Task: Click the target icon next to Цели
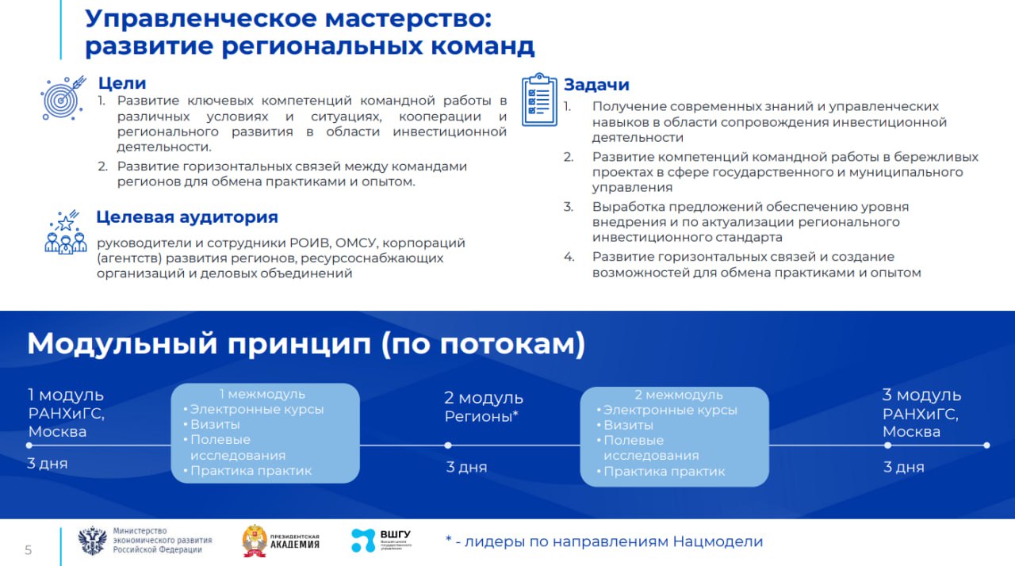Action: (x=62, y=97)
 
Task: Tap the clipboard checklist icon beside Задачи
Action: (x=539, y=100)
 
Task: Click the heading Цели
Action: (x=122, y=83)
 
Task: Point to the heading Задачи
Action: (x=596, y=85)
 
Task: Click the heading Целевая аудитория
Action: (x=187, y=217)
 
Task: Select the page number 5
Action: (x=29, y=550)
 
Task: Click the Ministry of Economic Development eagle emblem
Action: (x=92, y=541)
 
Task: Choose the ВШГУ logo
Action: (x=381, y=541)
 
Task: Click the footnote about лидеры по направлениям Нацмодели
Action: (x=603, y=541)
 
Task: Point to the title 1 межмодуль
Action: (x=262, y=394)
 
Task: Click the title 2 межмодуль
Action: (x=679, y=395)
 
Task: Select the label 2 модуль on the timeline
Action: (x=483, y=398)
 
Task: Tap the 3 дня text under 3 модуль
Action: (x=904, y=467)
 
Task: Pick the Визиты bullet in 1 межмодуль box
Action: (x=215, y=424)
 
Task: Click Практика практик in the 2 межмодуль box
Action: (x=665, y=471)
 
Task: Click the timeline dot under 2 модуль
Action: (x=448, y=446)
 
